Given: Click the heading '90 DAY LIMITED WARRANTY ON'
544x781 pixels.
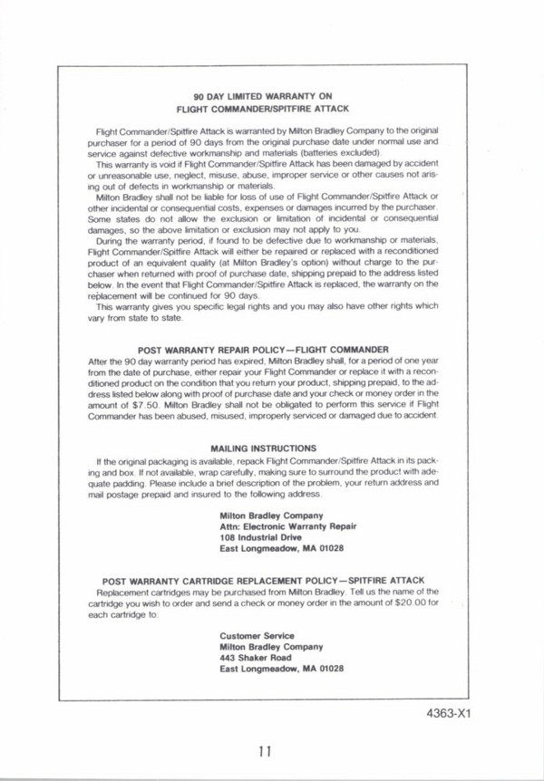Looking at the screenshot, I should pos(263,95).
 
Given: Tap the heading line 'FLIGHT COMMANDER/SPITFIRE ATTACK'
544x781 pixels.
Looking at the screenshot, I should pos(263,108).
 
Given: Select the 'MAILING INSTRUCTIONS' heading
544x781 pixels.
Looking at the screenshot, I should pos(263,448).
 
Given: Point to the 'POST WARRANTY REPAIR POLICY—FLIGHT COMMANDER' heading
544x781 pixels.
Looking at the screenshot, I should pos(263,349).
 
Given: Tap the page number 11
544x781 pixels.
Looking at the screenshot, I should pos(264,750).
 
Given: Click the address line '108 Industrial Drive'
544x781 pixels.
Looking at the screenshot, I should pos(260,536).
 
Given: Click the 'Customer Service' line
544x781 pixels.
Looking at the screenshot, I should pos(257,635).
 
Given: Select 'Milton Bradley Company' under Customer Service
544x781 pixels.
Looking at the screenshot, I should pos(271,647).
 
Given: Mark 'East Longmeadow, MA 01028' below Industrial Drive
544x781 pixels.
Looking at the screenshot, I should pos(281,548).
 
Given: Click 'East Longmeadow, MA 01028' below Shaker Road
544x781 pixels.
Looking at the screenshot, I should pos(281,670).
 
